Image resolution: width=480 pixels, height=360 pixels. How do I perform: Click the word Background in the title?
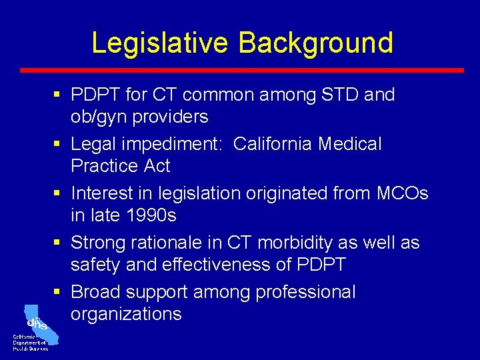315,43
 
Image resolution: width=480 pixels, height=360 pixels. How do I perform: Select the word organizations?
126,314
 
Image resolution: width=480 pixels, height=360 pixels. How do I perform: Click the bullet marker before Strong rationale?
60,243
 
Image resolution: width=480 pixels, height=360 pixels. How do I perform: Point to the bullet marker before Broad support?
60,293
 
